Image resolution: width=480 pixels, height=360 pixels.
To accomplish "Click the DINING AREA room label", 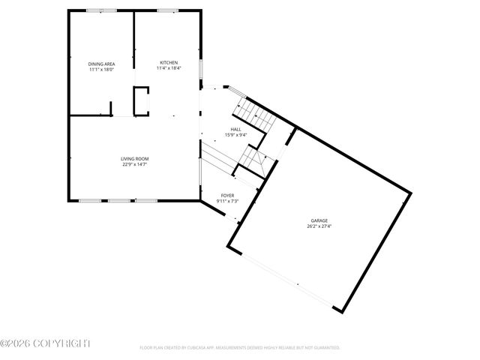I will pyautogui.click(x=101, y=64).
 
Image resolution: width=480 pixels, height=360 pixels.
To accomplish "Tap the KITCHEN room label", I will pyautogui.click(x=169, y=62).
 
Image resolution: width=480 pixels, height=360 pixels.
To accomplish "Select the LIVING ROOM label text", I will pyautogui.click(x=135, y=158).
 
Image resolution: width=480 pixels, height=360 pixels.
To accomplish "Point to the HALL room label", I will pyautogui.click(x=235, y=130).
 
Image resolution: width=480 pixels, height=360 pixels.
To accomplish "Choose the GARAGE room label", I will pyautogui.click(x=319, y=220).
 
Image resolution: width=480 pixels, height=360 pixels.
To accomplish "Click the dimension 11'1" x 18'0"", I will pyautogui.click(x=101, y=70).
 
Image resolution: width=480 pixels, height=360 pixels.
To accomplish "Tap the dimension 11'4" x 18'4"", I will pyautogui.click(x=169, y=68).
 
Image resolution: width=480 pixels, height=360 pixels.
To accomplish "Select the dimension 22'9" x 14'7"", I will pyautogui.click(x=135, y=164).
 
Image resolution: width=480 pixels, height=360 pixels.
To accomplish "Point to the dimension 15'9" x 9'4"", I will pyautogui.click(x=235, y=136).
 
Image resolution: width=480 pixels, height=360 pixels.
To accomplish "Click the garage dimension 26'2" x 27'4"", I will pyautogui.click(x=319, y=226).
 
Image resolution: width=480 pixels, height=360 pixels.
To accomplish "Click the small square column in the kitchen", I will pyautogui.click(x=142, y=100).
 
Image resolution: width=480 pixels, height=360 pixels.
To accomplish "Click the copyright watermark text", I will pyautogui.click(x=45, y=343).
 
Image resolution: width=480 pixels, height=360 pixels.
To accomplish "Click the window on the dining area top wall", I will pyautogui.click(x=96, y=10).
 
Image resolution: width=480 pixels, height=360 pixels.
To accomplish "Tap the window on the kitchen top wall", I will pyautogui.click(x=166, y=10).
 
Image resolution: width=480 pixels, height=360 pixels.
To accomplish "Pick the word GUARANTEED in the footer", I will pyautogui.click(x=325, y=348).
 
